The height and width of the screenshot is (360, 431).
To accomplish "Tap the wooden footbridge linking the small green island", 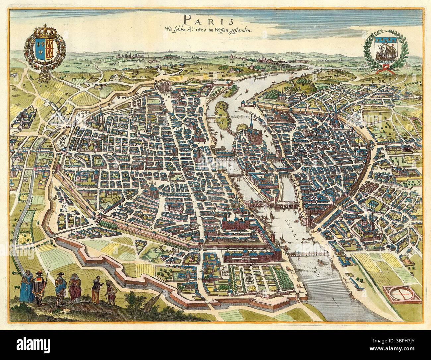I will click(x=239, y=117).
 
